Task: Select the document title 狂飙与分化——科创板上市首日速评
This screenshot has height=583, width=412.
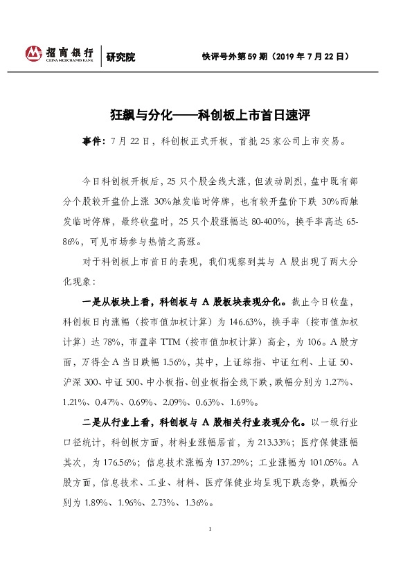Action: (205, 113)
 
